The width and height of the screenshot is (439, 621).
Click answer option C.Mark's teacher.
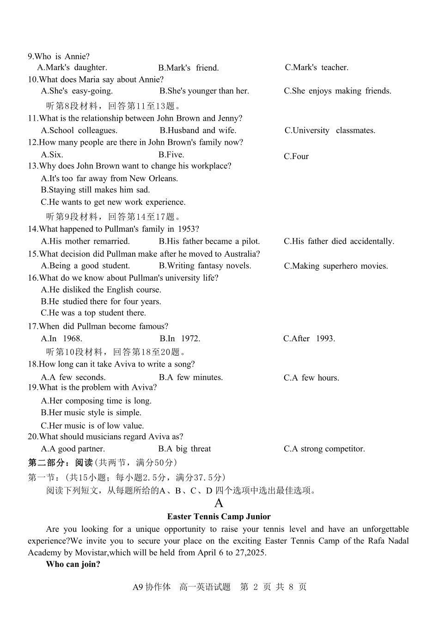(317, 68)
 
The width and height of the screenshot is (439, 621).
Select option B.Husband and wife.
(198, 130)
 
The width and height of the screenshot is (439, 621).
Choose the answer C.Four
(296, 156)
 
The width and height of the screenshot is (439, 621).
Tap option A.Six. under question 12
(52, 154)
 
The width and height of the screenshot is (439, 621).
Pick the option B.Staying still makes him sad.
(95, 190)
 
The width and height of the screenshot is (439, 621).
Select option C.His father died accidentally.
(339, 241)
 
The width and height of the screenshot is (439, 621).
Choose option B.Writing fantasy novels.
(205, 266)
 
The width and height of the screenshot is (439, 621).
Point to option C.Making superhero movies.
(336, 266)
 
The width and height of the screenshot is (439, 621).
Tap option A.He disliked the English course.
(101, 290)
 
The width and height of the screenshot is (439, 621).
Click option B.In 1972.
(180, 338)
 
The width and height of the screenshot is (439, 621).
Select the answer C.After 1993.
(309, 338)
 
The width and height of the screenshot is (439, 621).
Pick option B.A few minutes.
(190, 377)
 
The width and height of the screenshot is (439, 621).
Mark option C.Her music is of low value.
(92, 426)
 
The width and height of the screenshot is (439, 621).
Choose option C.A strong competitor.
(324, 449)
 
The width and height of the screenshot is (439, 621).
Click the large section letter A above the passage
(219, 503)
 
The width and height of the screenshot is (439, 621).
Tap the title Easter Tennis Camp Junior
(219, 516)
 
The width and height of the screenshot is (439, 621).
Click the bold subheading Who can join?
(73, 564)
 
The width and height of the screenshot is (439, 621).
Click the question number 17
(32, 326)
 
